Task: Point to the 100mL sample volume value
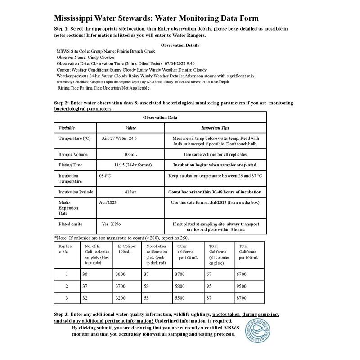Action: pyautogui.click(x=130, y=154)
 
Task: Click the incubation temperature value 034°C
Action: pyautogui.click(x=105, y=176)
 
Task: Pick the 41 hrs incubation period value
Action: pyautogui.click(x=130, y=192)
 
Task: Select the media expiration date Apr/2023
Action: pyautogui.click(x=108, y=203)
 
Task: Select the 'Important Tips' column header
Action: pyautogui.click(x=215, y=128)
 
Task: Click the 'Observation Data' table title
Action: pyautogui.click(x=160, y=117)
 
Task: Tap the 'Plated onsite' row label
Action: pyautogui.click(x=71, y=224)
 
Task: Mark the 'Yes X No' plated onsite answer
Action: pyautogui.click(x=111, y=224)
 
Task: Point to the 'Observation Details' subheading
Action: pyautogui.click(x=180, y=45)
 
